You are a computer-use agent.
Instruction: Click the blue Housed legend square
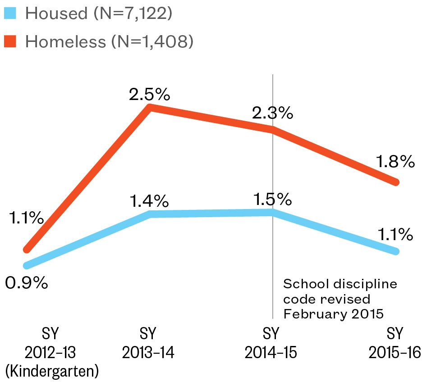[10, 13]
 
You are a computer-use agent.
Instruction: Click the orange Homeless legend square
[10, 42]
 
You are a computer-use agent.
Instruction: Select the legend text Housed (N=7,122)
[99, 13]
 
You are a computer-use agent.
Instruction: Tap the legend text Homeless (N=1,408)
[110, 42]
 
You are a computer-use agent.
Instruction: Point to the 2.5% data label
[149, 95]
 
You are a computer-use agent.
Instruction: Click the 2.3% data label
[272, 113]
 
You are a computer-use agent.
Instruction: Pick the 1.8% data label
[394, 161]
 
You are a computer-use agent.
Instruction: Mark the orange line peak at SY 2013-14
[150, 108]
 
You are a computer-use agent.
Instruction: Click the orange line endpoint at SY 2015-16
[396, 182]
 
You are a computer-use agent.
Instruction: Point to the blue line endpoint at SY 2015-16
[396, 251]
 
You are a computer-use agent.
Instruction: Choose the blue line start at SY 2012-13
[27, 266]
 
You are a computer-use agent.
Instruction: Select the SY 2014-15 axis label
[271, 343]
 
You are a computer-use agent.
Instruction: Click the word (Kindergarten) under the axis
[52, 371]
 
